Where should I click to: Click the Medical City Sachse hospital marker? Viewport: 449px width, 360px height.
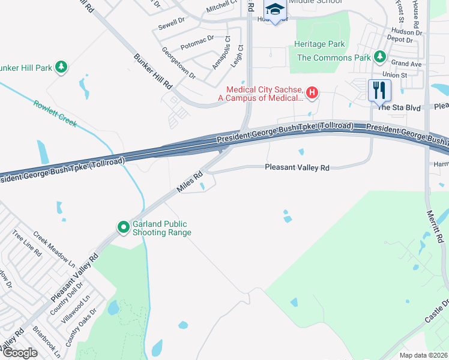pyautogui.click(x=312, y=92)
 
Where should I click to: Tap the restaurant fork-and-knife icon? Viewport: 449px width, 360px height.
pyautogui.click(x=379, y=90)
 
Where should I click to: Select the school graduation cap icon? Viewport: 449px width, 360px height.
pyautogui.click(x=275, y=10)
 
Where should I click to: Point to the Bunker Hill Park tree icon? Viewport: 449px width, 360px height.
pyautogui.click(x=61, y=67)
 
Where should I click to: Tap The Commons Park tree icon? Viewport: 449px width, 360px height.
pyautogui.click(x=379, y=57)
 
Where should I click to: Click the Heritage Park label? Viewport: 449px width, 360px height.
pyautogui.click(x=319, y=44)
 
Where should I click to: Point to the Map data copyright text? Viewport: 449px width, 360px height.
pyautogui.click(x=424, y=355)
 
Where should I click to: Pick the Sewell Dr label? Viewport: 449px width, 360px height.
pyautogui.click(x=172, y=23)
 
